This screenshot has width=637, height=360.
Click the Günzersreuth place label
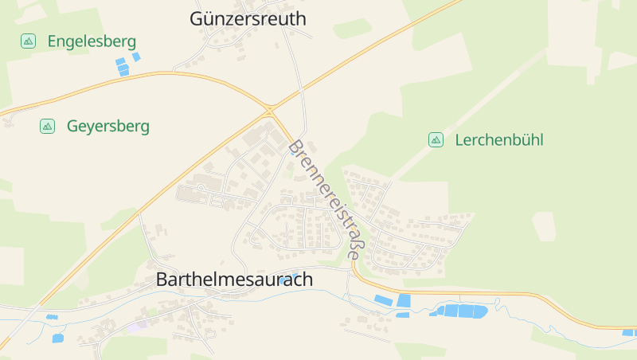tap(248, 19)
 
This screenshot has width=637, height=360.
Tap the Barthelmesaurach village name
tap(234, 280)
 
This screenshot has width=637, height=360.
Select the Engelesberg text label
tap(92, 41)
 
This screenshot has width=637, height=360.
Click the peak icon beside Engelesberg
tap(28, 41)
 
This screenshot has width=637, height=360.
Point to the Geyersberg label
tap(107, 126)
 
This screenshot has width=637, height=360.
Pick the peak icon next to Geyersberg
tap(47, 126)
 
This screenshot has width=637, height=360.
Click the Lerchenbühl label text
tap(499, 140)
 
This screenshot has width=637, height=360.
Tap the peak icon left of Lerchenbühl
tap(436, 140)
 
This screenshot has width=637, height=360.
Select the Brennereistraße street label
tap(326, 199)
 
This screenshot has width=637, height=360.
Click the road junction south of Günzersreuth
tap(271, 108)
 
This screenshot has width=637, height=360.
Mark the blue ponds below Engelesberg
tap(126, 64)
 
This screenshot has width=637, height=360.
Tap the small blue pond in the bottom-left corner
tap(57, 338)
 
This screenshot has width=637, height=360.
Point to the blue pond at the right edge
tap(628, 332)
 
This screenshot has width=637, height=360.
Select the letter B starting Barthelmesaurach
tap(162, 280)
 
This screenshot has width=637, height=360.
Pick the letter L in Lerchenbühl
tap(459, 140)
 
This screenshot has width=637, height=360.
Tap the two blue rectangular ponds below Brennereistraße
tap(393, 301)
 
